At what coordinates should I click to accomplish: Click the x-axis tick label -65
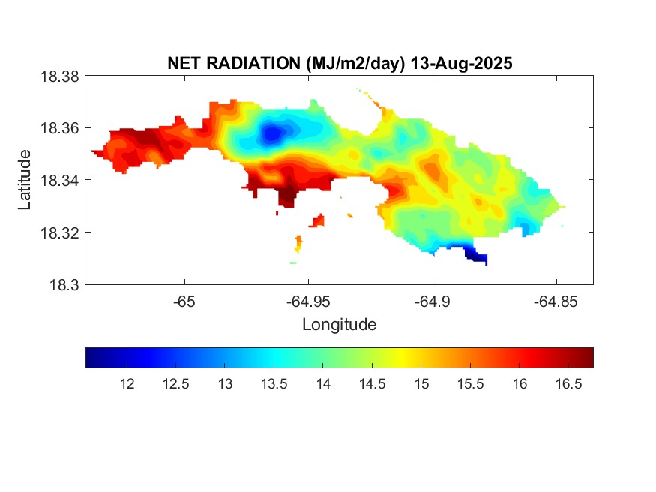pos(184,301)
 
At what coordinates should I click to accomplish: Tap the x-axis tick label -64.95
pos(307,301)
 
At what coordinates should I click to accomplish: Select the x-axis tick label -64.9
pos(432,301)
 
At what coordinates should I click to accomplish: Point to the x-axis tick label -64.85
pos(556,301)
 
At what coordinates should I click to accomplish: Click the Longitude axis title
pos(339,325)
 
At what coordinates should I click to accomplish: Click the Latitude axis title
pos(25,180)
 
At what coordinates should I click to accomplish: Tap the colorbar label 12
pos(127,384)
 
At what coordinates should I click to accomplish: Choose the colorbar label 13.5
pos(274,384)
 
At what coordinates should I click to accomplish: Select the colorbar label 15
pos(421,384)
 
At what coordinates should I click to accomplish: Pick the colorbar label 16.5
pos(568,384)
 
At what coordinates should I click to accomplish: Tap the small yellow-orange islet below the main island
pos(298,244)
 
